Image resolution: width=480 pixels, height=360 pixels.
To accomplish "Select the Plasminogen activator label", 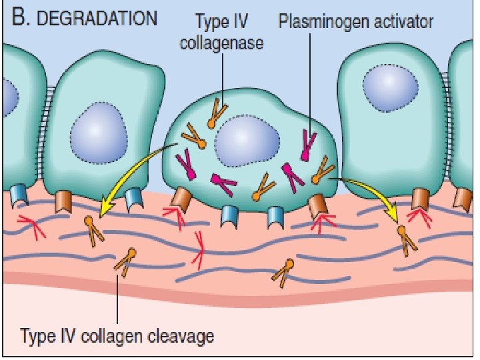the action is pos(355,22).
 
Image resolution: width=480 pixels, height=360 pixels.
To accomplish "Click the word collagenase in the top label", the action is pos(221,45).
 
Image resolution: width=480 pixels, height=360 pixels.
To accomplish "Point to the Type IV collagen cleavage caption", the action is pos(117,335).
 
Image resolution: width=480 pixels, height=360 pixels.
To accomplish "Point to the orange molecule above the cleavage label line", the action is pos(127,261).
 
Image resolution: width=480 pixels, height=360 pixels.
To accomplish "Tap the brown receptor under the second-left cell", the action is pos(65,201).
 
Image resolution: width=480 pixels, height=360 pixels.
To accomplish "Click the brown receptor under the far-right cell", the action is pos(420,199).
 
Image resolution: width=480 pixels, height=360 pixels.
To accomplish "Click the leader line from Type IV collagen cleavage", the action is pos(117,300).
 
